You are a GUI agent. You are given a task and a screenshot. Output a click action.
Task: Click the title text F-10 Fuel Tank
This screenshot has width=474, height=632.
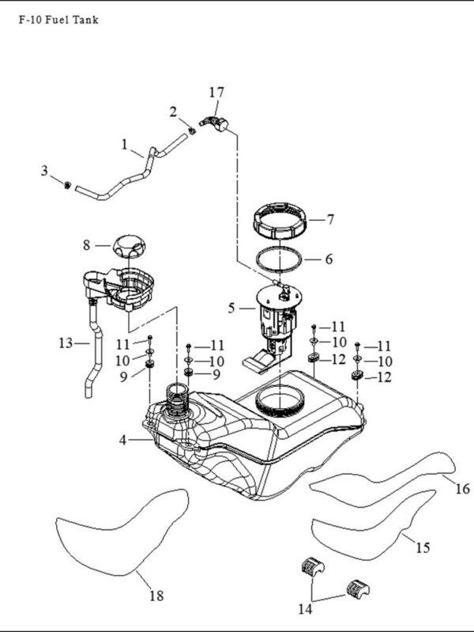tap(58, 20)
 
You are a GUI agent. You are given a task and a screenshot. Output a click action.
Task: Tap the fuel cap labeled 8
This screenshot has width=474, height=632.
tap(129, 246)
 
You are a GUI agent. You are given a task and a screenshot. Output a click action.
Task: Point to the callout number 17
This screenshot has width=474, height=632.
tap(216, 93)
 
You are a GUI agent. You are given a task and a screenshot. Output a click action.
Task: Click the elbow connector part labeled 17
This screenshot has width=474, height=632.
tap(215, 123)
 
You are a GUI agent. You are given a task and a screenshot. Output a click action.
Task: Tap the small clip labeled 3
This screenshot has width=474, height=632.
tap(68, 185)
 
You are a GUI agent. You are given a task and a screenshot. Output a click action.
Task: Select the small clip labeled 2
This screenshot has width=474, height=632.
tap(192, 131)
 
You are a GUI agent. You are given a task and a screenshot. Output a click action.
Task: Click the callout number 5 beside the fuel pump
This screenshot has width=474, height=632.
tap(231, 308)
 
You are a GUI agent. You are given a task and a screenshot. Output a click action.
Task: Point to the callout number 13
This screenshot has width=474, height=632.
tap(66, 343)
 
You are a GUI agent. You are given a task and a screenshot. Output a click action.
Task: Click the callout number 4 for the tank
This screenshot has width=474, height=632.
tap(122, 440)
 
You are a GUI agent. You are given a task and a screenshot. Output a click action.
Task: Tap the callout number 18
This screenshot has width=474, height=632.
tap(156, 596)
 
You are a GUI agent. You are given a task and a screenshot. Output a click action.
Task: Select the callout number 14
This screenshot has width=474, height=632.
tap(305, 609)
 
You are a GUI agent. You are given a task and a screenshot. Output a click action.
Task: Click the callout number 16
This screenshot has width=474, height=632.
tap(463, 489)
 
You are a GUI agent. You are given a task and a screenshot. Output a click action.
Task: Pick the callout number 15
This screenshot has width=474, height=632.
tap(423, 548)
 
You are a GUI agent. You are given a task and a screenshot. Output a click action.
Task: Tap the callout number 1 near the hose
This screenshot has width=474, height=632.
tap(125, 144)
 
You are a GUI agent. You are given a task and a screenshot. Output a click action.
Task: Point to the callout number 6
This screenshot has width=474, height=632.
tap(329, 259)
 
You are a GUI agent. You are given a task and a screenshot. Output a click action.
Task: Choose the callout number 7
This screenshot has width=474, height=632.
tap(331, 220)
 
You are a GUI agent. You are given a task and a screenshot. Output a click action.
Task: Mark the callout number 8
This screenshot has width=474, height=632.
tap(87, 244)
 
